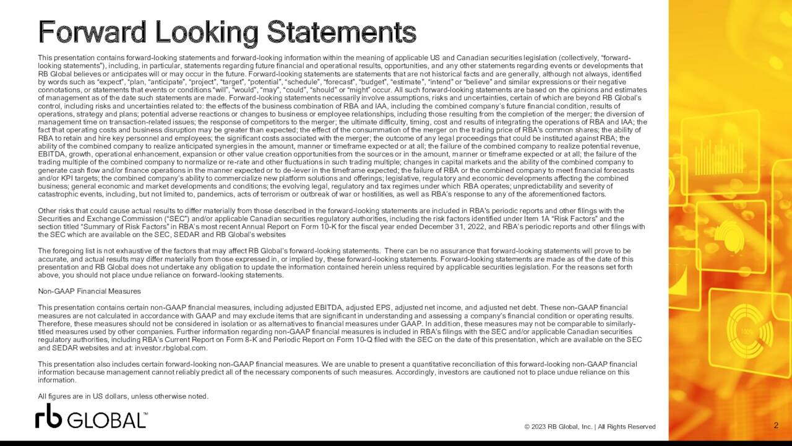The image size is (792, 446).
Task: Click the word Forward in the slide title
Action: pos(92,32)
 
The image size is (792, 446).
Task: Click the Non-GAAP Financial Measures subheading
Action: pos(89,291)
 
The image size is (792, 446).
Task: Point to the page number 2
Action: pos(776,425)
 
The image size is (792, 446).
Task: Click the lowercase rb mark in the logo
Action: pos(48,416)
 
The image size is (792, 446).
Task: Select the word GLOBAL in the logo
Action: pos(106,420)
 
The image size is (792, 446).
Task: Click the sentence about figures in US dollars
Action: pos(123,396)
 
